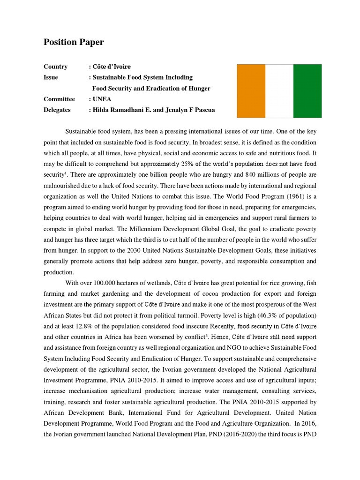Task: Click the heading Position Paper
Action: [74, 42]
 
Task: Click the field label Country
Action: [55, 67]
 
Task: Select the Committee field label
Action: [59, 99]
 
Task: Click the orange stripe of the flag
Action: [251, 90]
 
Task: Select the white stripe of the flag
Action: [279, 90]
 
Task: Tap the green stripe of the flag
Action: [307, 90]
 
